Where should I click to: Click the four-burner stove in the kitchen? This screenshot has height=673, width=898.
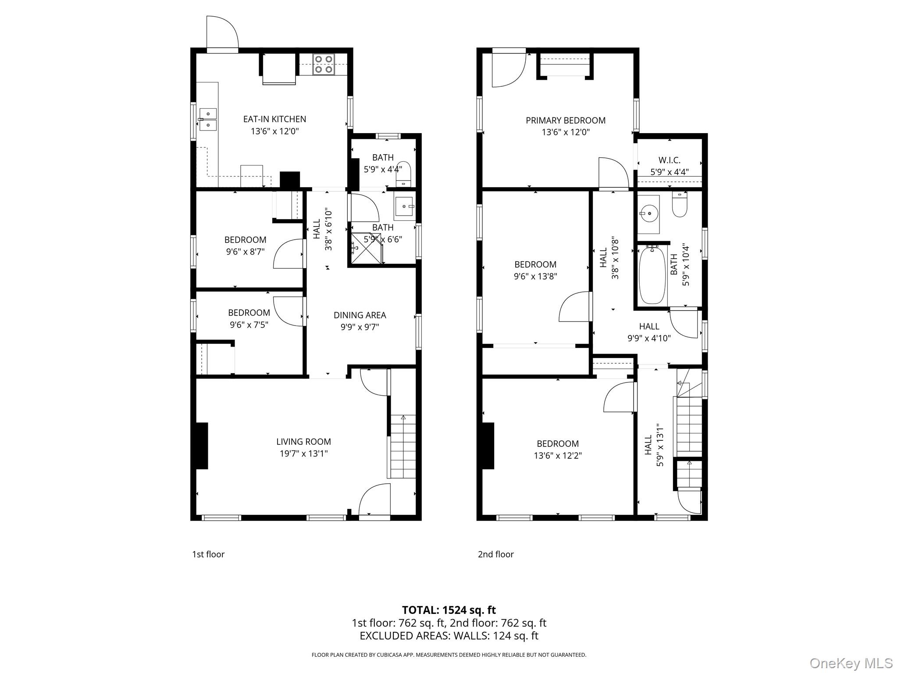point(324,64)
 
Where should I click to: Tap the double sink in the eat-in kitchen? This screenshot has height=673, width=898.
point(208,120)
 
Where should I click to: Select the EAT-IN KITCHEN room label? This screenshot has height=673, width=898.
point(274,119)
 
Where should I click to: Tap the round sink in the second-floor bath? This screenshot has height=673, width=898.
point(649,214)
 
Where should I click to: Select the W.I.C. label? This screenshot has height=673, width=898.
point(669,160)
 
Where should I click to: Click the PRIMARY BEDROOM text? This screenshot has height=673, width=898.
point(566,120)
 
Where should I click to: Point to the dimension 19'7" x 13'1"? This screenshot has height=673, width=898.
point(303,453)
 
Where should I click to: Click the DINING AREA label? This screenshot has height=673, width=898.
point(360,315)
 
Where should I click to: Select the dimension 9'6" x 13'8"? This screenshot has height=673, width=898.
point(535,276)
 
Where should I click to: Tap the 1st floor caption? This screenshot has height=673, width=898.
point(208,554)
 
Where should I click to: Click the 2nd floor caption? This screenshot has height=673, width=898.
point(495,554)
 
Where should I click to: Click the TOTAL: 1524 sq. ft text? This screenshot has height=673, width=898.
point(449,610)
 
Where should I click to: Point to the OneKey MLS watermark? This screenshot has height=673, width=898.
point(851,663)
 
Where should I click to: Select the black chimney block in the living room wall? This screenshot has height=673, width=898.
point(202,446)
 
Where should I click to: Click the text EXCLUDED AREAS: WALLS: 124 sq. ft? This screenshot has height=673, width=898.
point(449,636)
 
